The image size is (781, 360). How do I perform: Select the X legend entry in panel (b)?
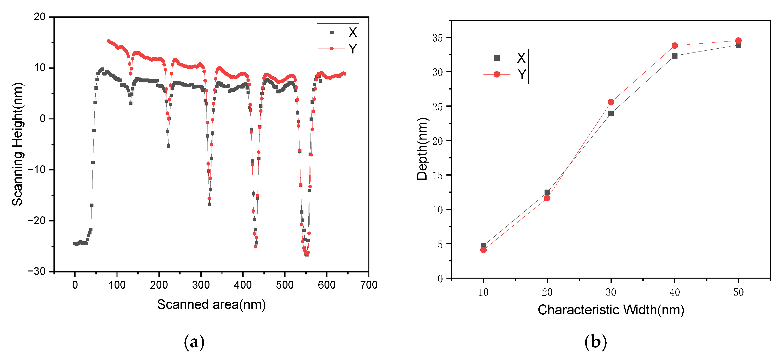pos(505,58)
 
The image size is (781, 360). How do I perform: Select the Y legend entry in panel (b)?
pos(505,74)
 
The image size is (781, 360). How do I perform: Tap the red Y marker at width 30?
pos(611,102)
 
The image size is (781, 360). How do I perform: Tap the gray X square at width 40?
pos(675,56)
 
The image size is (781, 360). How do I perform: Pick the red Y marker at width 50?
pos(739,41)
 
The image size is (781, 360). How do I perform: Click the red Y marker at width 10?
pos(483,250)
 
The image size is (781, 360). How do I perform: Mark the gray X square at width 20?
pos(547,193)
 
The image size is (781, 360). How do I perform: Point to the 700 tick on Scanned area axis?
pos(369,285)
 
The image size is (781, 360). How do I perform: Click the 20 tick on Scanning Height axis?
pos(40,17)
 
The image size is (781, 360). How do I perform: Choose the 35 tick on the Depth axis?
pos(438,38)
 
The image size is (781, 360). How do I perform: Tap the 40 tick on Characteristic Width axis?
pos(675,292)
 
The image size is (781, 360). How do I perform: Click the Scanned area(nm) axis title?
pos(211,304)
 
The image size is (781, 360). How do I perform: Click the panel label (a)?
pos(194,342)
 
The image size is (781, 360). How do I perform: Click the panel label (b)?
pos(595,342)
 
